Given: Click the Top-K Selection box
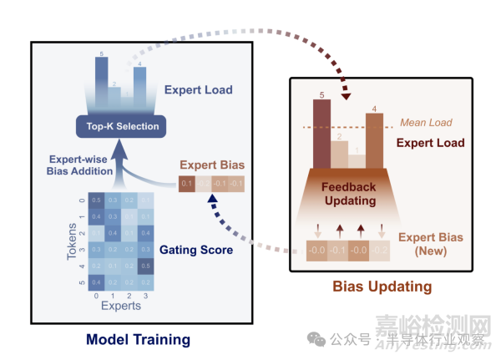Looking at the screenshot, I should point(118,126).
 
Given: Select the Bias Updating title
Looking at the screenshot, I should point(382,286).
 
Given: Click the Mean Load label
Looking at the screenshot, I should point(425,123).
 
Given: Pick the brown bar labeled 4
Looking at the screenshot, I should point(375,136).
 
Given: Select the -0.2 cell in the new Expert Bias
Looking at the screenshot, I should point(378,248).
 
